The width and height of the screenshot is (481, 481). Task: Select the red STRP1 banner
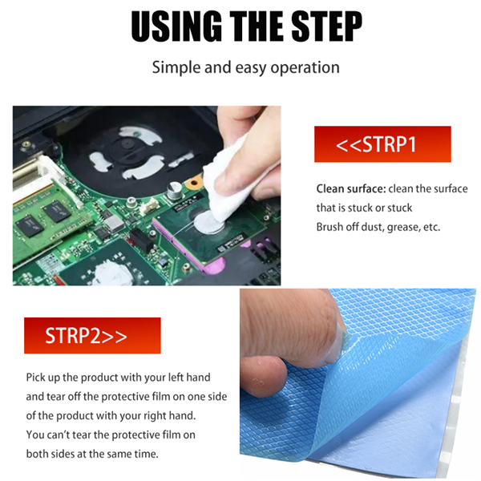coord(382,145)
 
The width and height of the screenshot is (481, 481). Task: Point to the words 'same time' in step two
coord(124,454)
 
